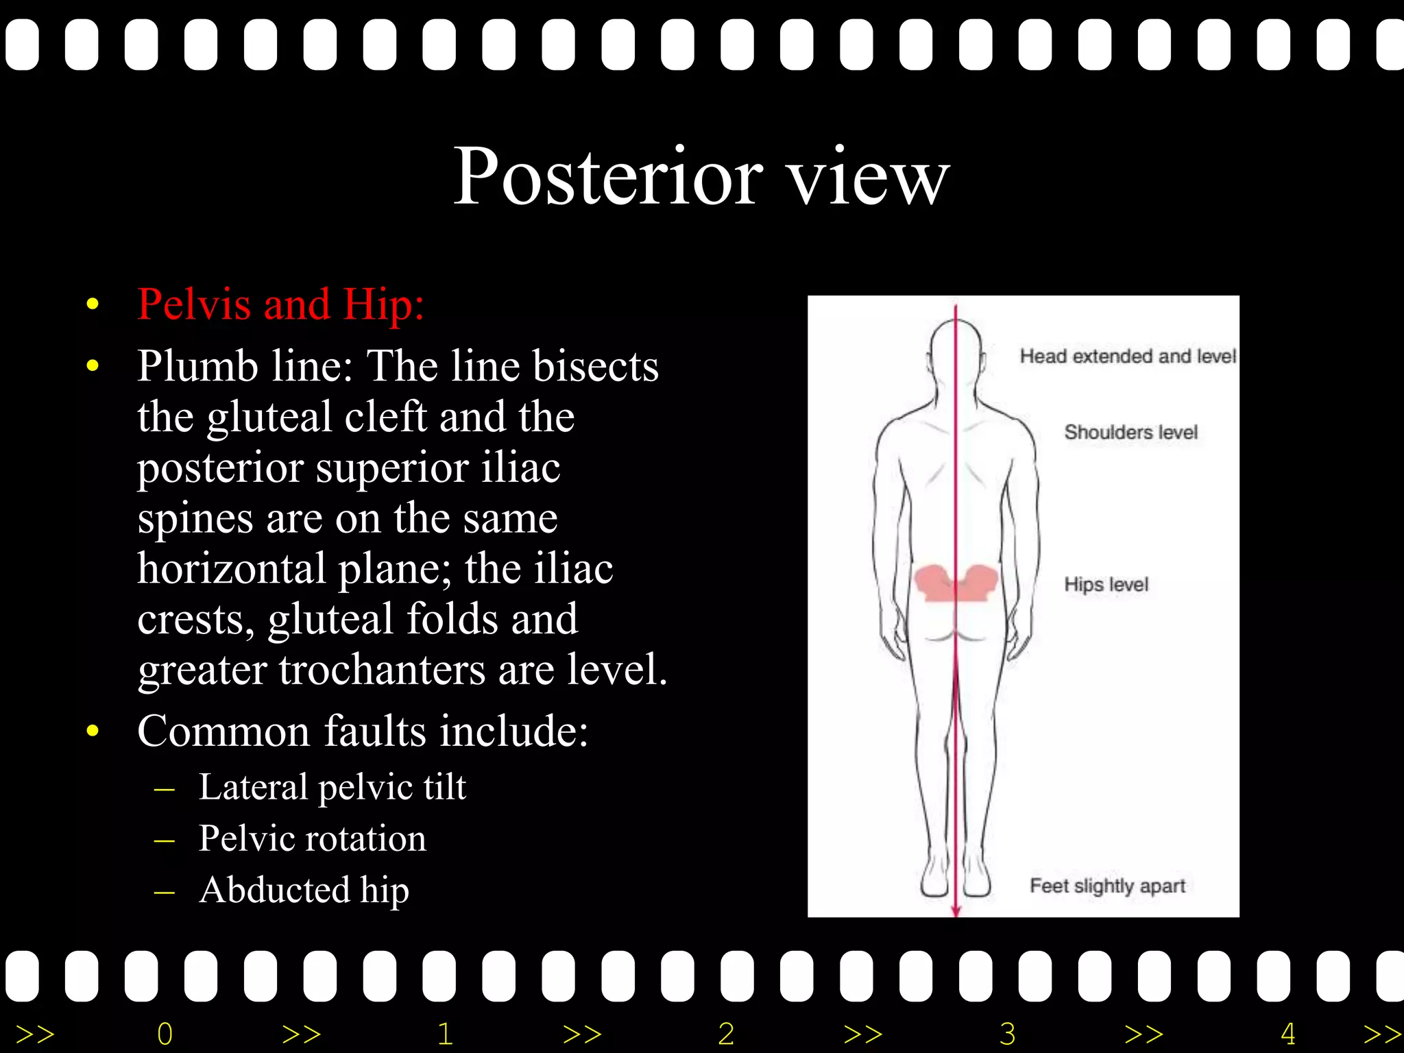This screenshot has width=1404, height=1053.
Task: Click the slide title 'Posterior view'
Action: [x=701, y=176]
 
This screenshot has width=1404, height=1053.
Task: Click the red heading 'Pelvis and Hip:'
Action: [x=280, y=304]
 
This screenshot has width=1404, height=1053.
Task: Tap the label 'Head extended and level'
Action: [x=1127, y=356]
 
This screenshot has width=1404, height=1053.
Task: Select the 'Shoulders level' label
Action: [x=1130, y=432]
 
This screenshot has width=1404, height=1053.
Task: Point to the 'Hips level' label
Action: [x=1106, y=584]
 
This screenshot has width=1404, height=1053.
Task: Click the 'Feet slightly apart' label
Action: [x=1107, y=886]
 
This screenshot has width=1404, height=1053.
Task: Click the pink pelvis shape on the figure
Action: [x=956, y=583]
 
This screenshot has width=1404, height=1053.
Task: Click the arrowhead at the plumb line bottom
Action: [x=956, y=910]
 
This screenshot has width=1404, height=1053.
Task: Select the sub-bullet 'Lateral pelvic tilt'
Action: [x=332, y=786]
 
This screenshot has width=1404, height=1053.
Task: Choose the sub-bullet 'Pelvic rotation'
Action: [x=312, y=838]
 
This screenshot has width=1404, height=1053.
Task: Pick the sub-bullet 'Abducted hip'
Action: [x=304, y=889]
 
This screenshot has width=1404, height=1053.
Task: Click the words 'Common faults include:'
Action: [x=363, y=730]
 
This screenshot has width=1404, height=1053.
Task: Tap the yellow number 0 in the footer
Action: [x=165, y=1034]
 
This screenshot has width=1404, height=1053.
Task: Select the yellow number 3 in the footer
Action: [x=1007, y=1034]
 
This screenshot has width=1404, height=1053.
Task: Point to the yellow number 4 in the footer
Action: [x=1288, y=1034]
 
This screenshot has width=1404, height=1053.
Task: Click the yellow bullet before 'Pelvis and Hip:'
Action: [x=93, y=304]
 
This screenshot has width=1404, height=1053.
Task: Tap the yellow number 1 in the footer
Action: [x=446, y=1034]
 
